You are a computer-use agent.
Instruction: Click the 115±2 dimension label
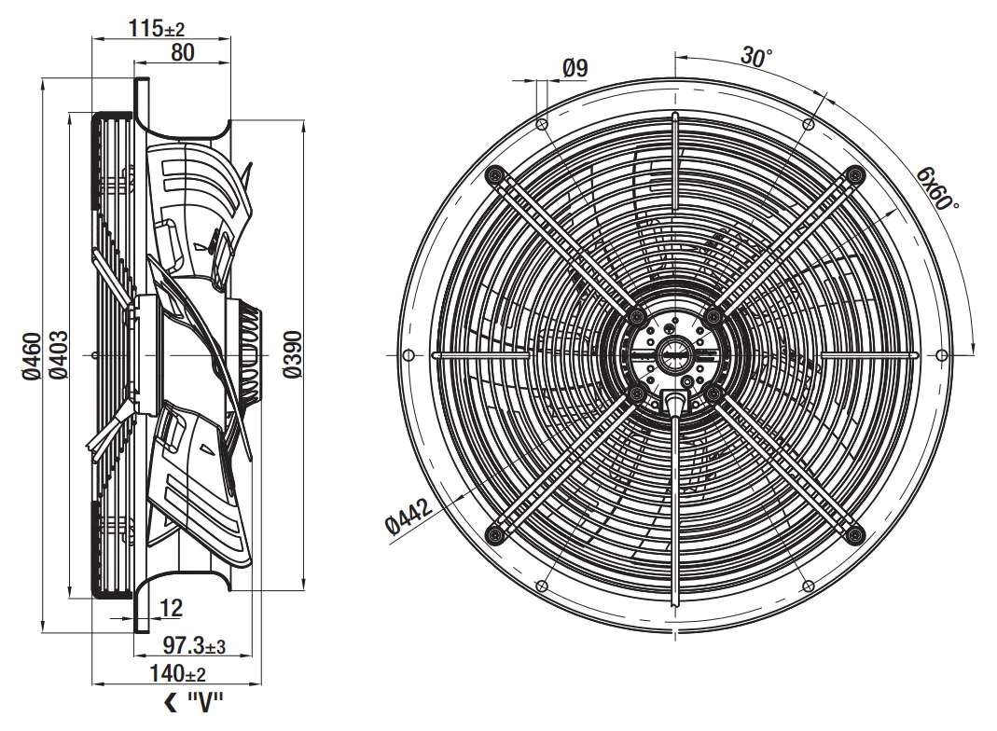point(157,28)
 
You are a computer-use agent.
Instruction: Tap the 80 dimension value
point(182,53)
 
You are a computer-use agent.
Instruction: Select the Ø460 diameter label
point(31,356)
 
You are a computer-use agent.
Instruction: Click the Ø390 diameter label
point(293,354)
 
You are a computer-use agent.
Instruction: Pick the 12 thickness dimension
point(171,608)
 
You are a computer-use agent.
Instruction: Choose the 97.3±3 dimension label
point(194,646)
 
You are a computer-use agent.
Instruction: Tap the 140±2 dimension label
point(177,673)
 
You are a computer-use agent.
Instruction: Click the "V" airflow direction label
point(205,703)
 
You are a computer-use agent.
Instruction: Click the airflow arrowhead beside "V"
point(171,703)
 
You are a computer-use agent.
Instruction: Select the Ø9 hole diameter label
point(575,68)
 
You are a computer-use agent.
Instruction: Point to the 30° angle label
point(756,57)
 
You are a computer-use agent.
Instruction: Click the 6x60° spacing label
point(937,188)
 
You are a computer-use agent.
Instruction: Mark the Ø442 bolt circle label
point(409,516)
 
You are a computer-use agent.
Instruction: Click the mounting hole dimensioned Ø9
point(543,124)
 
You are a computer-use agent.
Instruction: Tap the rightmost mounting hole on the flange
point(942,354)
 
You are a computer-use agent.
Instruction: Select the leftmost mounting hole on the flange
point(409,354)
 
